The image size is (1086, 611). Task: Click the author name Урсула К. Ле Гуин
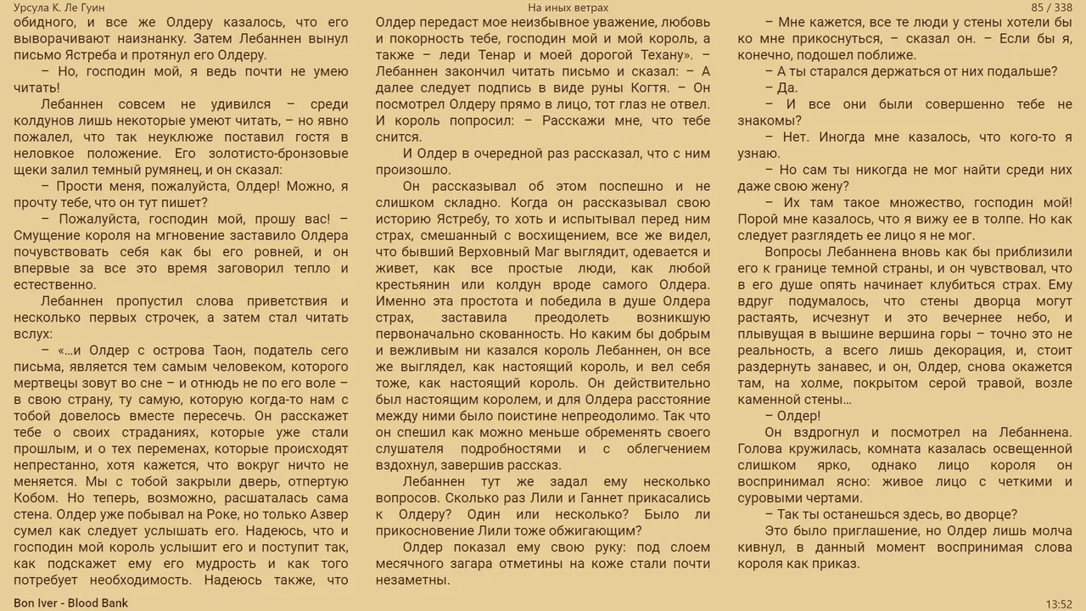59,8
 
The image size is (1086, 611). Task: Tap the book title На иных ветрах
568,8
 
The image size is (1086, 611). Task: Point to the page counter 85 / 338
1052,8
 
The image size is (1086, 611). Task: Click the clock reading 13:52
1059,603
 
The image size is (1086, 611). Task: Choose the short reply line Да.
787,87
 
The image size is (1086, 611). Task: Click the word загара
489,564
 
